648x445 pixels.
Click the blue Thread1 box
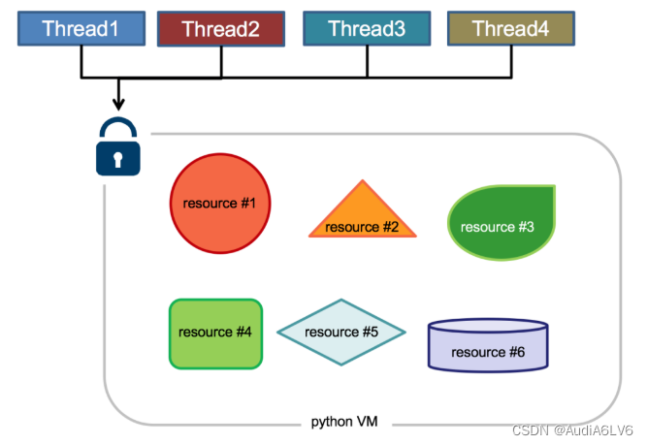coord(81,29)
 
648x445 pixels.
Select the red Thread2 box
coord(220,30)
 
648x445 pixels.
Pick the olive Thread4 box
coord(510,29)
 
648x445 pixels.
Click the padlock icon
coord(118,148)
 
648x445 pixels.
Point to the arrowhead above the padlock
coord(118,103)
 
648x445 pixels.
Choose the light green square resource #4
coord(215,333)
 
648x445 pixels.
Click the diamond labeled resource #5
coord(340,332)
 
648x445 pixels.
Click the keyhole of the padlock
coord(118,157)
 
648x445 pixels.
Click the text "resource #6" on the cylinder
coord(488,352)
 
